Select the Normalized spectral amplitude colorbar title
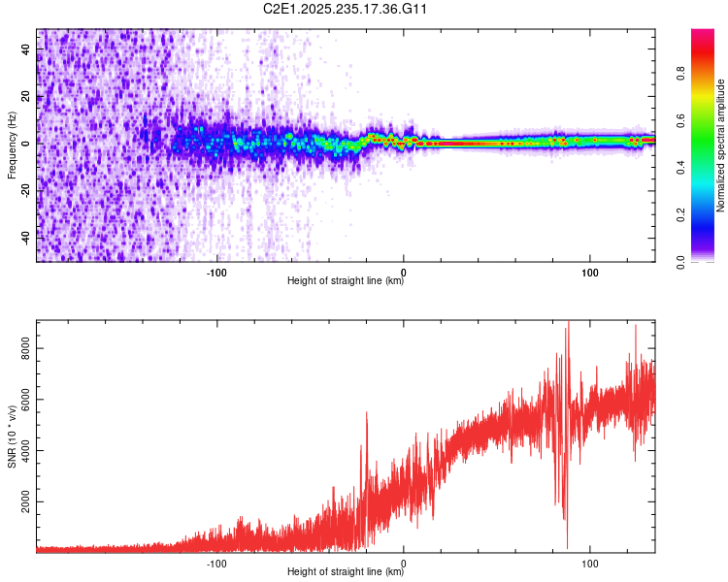click(x=721, y=145)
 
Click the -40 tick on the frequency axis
click(x=25, y=237)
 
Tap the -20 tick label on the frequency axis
click(x=25, y=190)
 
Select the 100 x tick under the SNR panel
click(x=590, y=563)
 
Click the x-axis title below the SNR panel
click(x=346, y=573)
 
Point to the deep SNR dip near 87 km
click(x=567, y=547)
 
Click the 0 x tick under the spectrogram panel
click(x=404, y=272)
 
